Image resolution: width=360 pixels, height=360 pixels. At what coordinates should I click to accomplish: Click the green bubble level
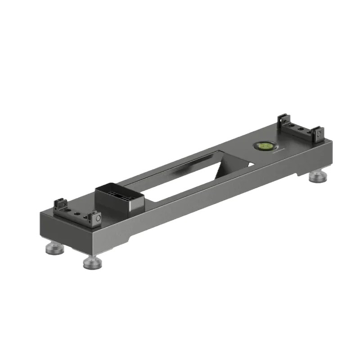265,146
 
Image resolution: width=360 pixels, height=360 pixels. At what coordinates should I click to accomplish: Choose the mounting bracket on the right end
299,132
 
